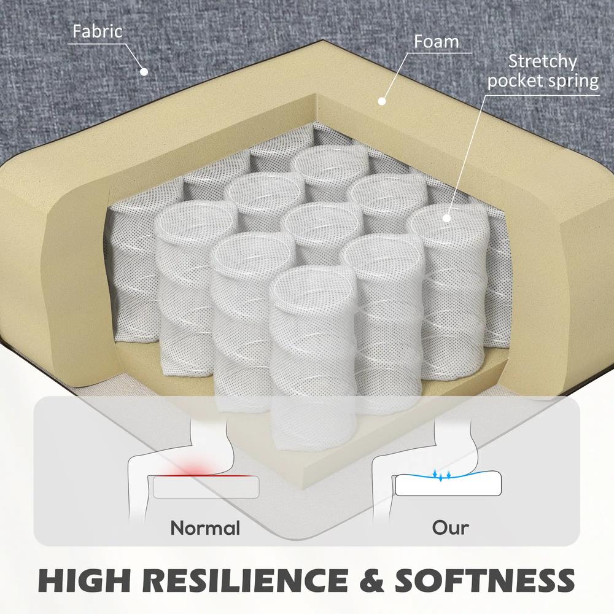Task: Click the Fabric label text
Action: pos(97,31)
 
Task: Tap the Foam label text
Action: pos(436,42)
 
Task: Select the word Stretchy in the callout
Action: pos(543,61)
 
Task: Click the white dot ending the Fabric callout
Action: pos(144,72)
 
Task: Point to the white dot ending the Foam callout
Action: pos(382,101)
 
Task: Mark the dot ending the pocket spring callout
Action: pos(446,218)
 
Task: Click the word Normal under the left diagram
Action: pos(205,528)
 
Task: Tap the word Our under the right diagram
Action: pos(450,528)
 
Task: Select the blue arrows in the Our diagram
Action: pos(441,475)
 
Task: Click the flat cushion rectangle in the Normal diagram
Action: pos(206,487)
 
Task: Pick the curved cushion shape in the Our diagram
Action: pos(448,484)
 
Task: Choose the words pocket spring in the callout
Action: pos(543,82)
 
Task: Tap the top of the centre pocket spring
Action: pos(322,221)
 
